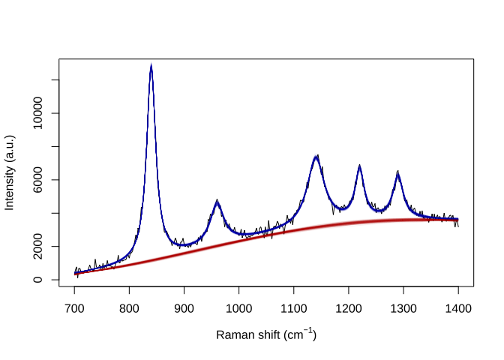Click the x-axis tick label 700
pos(74,307)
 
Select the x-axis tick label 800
pos(129,307)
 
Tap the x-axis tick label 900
pos(184,307)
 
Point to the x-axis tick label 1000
pos(238,307)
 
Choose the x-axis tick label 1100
pos(293,307)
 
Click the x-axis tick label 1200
pos(348,307)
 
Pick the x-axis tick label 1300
pos(403,307)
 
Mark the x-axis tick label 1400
pos(457,307)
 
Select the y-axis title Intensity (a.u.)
pos(10,172)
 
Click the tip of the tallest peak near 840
pos(151,66)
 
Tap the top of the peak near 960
pos(217,202)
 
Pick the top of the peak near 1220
pos(360,166)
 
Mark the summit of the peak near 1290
pos(398,174)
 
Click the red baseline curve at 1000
pos(238,239)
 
